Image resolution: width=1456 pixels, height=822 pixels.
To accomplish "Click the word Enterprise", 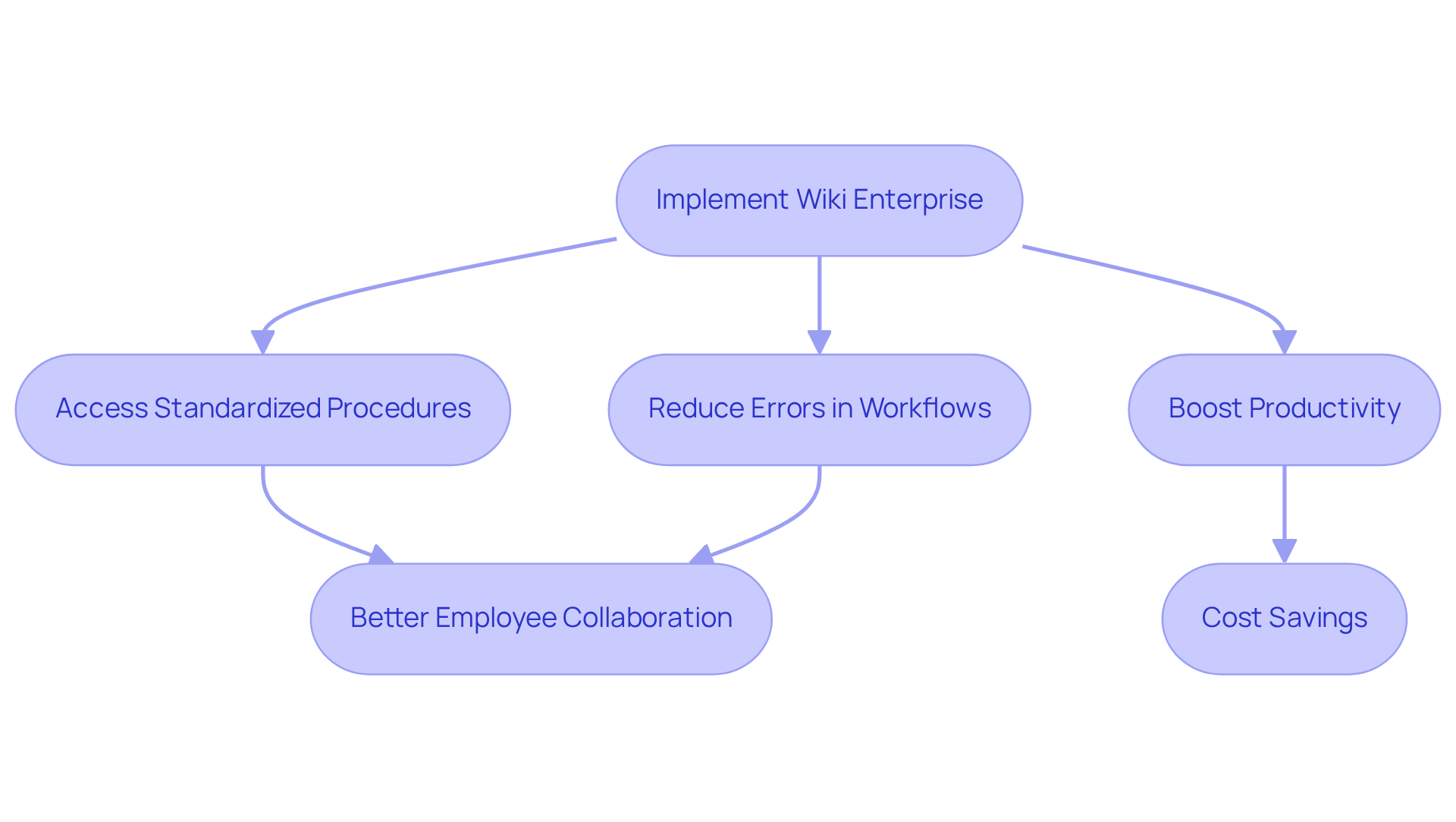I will click(x=918, y=200).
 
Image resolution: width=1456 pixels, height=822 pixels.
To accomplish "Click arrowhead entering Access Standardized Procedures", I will click(x=262, y=342).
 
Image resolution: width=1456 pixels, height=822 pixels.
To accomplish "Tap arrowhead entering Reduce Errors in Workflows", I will click(x=819, y=342).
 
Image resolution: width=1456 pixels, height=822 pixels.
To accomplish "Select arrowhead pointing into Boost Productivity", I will click(x=1284, y=342).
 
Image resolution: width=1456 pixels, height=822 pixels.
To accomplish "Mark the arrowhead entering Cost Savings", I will click(x=1284, y=551).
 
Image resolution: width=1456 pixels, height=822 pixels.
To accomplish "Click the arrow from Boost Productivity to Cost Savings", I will click(x=1284, y=505).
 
